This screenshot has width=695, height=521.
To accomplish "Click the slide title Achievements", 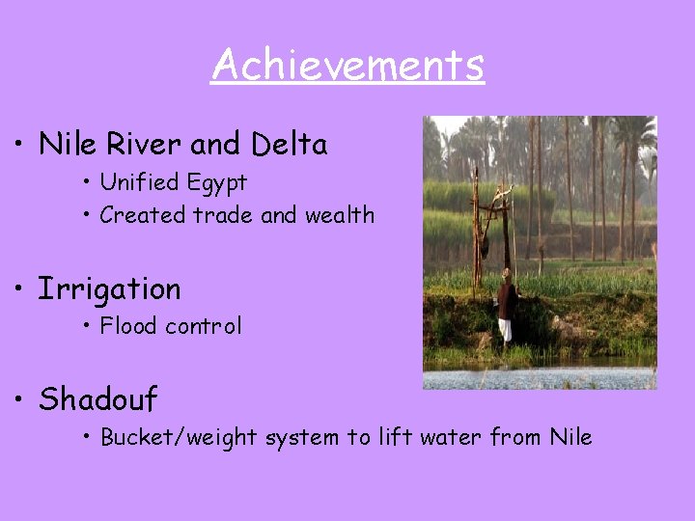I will point(347,66).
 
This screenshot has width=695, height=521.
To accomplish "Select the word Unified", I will point(140,182).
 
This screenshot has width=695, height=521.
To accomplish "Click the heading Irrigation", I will point(109,289).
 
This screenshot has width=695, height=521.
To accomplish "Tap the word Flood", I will point(128,326).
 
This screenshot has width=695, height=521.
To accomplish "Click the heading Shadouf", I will point(97,398).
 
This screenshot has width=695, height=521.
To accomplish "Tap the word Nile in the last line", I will point(570,437).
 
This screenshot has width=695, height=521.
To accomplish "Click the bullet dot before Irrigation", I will point(18,289).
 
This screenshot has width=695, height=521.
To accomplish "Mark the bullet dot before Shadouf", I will point(18,398).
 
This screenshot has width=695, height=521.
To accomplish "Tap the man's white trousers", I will point(505,330).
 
